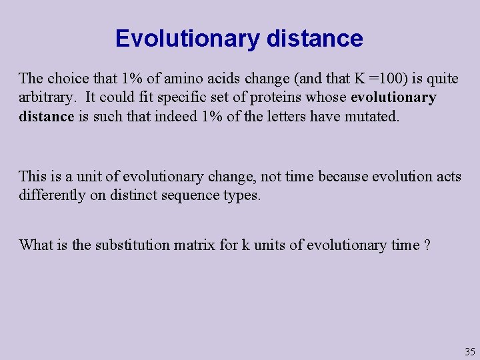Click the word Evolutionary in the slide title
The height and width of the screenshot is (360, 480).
click(187, 39)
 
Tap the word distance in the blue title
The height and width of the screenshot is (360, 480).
click(315, 39)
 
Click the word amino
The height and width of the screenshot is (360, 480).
click(178, 79)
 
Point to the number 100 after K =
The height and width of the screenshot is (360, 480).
click(383, 79)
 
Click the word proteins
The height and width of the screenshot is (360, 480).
click(273, 97)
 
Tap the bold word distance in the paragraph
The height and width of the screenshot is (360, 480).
click(46, 117)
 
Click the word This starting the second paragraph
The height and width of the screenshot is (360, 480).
click(33, 177)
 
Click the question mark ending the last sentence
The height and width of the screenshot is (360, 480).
click(427, 245)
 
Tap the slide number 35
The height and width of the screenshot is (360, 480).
click(469, 352)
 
